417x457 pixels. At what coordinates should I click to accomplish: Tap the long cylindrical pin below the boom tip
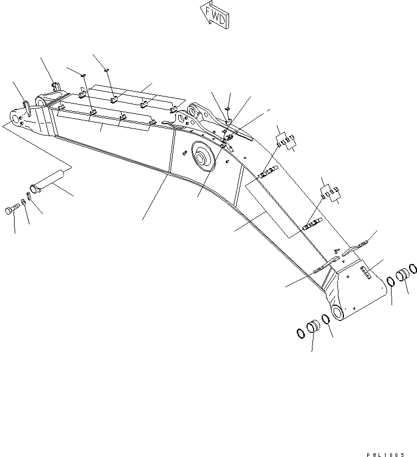48,181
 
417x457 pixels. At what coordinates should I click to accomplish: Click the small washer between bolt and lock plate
22,203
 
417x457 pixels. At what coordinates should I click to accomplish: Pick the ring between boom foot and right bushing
390,281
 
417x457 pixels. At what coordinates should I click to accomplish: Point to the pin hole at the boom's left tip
13,117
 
